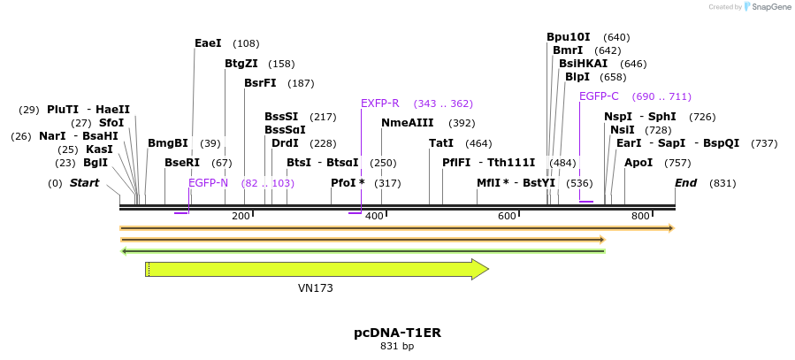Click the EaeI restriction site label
point(208,43)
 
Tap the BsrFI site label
point(260,83)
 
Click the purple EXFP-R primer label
point(380,103)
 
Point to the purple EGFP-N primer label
point(208,183)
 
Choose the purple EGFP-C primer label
point(599,96)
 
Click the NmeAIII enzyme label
point(407,123)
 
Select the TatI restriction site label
point(441,143)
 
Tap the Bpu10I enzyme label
point(568,37)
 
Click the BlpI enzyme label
point(577,77)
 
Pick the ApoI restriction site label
point(638,163)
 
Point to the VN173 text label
point(315,288)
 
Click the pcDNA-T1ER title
point(397,333)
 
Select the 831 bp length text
point(397,347)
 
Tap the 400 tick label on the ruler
point(374,217)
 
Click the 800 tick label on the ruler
point(640,217)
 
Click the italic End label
point(685,183)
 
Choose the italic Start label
point(85,183)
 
